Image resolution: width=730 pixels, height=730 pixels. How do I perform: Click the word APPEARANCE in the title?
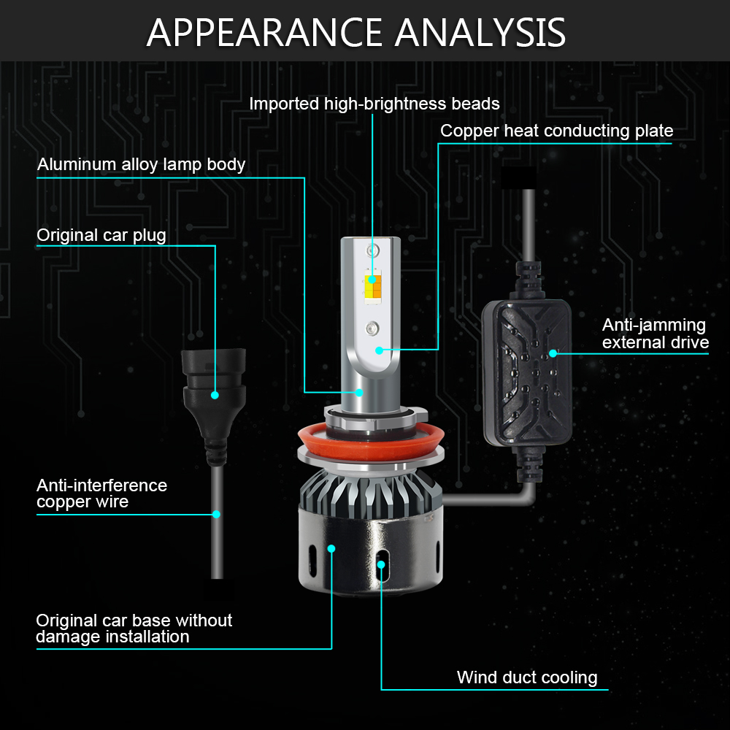coord(264,32)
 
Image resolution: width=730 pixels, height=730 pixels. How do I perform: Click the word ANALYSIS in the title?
coord(480,32)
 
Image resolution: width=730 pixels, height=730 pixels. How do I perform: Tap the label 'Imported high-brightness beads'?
coord(374,104)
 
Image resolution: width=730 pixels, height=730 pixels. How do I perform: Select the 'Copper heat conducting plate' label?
coord(557,131)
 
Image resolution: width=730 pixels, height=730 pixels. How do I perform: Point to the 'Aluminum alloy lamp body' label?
coord(141,164)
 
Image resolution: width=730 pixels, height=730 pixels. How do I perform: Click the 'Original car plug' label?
coord(101,235)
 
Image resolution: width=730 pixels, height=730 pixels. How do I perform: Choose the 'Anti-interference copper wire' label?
coord(102,493)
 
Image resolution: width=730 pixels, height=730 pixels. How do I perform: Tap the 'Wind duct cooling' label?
coord(527,677)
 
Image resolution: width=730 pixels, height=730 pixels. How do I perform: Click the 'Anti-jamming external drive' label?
coord(655,334)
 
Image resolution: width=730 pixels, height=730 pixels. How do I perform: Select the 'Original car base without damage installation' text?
coord(134,629)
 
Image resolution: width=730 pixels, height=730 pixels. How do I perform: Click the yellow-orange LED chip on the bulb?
coord(372,286)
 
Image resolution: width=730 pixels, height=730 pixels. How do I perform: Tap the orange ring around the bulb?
coord(371,444)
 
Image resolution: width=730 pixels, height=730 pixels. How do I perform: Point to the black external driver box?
coord(527,372)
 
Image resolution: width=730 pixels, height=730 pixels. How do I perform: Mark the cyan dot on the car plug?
coord(215,395)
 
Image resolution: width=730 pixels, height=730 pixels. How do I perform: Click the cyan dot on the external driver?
coord(553,353)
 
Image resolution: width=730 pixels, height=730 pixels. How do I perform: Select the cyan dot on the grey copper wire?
coord(216,514)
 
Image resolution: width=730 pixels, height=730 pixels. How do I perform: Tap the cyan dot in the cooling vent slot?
coord(381,564)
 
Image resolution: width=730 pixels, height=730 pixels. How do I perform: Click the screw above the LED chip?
coord(372,251)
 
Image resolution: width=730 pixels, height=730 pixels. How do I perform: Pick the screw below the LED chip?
coord(372,328)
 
